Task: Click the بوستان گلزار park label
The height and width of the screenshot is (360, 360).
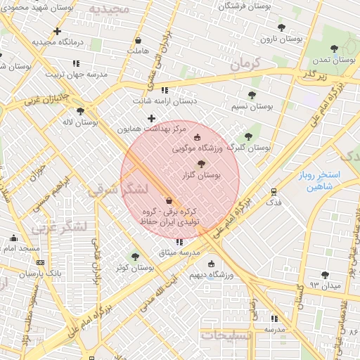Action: click(201, 176)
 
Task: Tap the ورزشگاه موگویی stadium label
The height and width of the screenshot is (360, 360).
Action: click(198, 149)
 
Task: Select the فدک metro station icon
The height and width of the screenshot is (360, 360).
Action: click(274, 191)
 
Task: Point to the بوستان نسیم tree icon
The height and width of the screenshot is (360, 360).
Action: click(252, 95)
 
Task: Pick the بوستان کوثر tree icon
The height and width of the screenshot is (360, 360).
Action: click(136, 257)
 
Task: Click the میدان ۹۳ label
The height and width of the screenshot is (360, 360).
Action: click(324, 286)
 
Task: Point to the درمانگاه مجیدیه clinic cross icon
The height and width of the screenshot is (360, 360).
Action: click(57, 31)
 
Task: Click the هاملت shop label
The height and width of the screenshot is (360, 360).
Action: click(138, 51)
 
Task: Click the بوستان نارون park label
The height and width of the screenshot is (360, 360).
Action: click(281, 39)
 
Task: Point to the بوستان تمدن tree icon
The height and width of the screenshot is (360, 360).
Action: click(334, 49)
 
